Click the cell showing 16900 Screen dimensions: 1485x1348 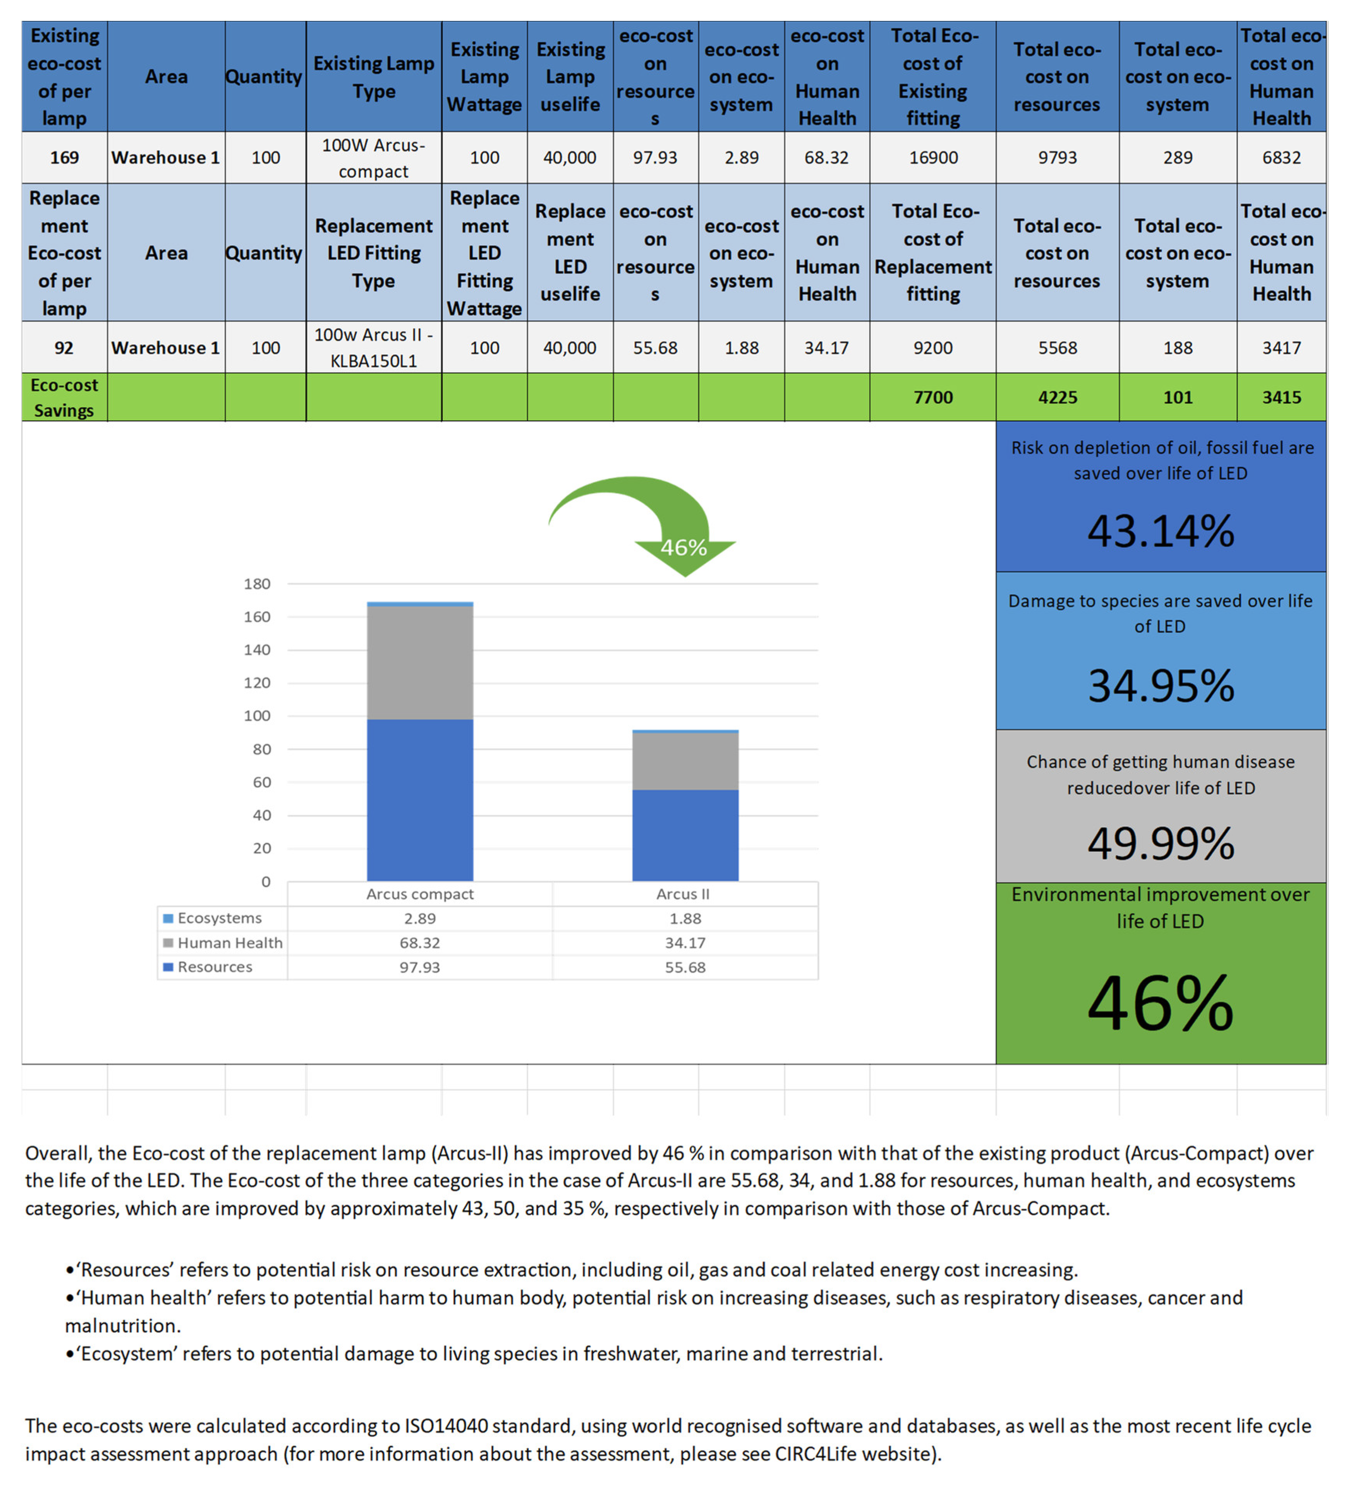tap(932, 158)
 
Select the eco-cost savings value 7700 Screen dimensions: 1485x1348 tap(932, 398)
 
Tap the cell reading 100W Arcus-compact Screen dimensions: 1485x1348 tap(373, 158)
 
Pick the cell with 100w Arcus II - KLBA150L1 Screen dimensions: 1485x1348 tap(373, 348)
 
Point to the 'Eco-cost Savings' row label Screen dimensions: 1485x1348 tap(64, 398)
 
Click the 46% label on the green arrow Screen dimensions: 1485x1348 tap(683, 547)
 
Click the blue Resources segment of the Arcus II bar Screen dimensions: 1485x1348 tap(685, 835)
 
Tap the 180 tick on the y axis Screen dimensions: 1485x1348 tap(257, 584)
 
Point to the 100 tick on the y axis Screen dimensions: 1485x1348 tap(257, 716)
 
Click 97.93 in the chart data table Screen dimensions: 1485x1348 tap(420, 967)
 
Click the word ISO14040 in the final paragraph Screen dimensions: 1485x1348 tap(448, 1426)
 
